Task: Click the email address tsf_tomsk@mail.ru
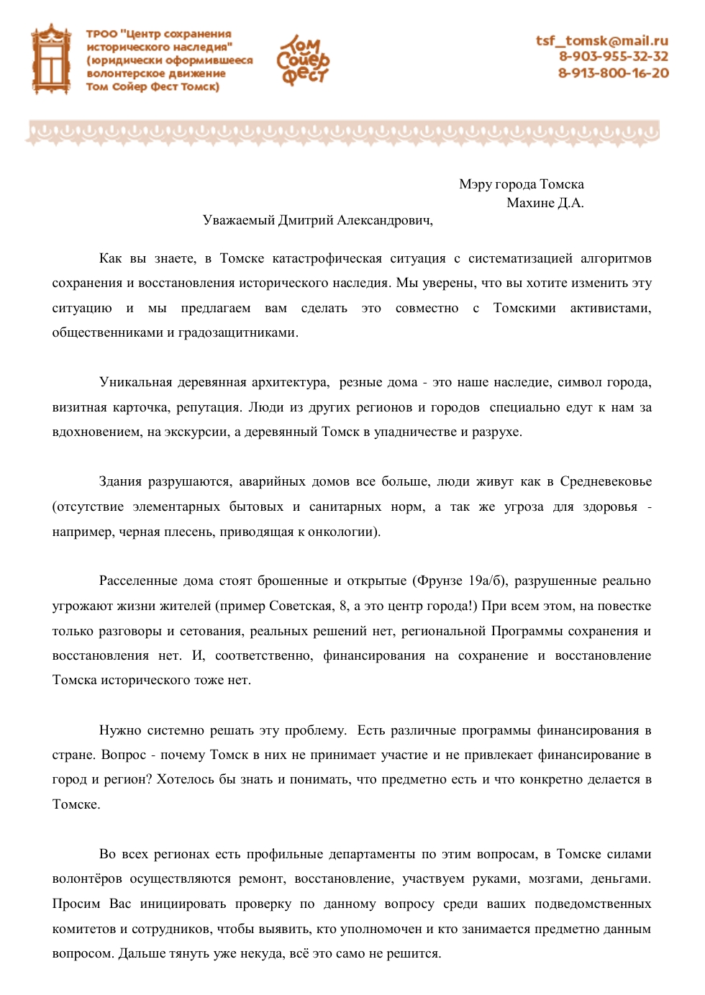click(x=601, y=41)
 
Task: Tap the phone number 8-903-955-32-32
click(x=613, y=57)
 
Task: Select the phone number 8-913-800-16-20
click(x=613, y=73)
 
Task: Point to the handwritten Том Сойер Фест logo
click(x=303, y=60)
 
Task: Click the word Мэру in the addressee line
click(x=476, y=184)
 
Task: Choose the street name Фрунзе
click(x=438, y=581)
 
